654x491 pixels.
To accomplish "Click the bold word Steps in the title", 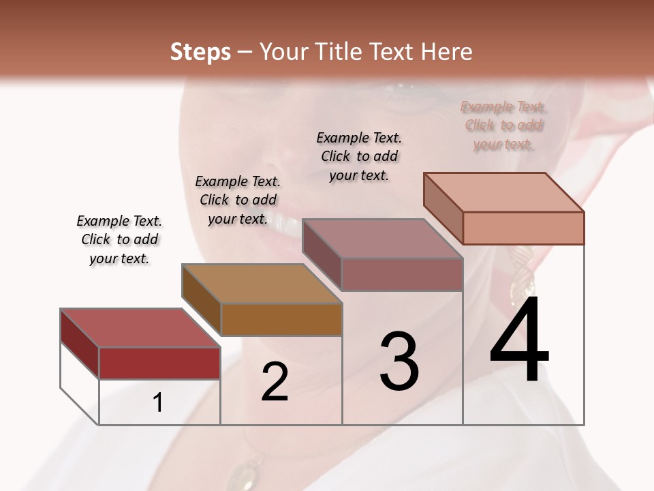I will tap(200, 52).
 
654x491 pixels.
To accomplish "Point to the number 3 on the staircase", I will tap(399, 361).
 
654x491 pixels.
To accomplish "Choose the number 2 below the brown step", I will tap(275, 383).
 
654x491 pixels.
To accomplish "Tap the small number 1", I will tap(157, 403).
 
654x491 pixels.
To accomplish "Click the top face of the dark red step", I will tap(140, 328).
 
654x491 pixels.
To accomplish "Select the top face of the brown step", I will tap(262, 284).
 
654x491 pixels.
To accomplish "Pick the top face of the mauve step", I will tap(382, 239).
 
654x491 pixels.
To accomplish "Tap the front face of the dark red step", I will tap(159, 363).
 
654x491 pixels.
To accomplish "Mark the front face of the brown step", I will tap(281, 319).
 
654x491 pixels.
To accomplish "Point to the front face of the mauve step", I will tap(402, 274).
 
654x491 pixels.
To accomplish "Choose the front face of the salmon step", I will tap(523, 228).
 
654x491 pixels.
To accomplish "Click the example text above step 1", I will tap(119, 239).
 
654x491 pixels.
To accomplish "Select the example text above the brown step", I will tap(238, 200).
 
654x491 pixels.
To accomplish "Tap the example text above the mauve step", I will tap(359, 156).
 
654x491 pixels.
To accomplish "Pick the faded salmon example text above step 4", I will tap(503, 125).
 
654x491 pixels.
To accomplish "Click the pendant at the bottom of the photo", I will tap(246, 471).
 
